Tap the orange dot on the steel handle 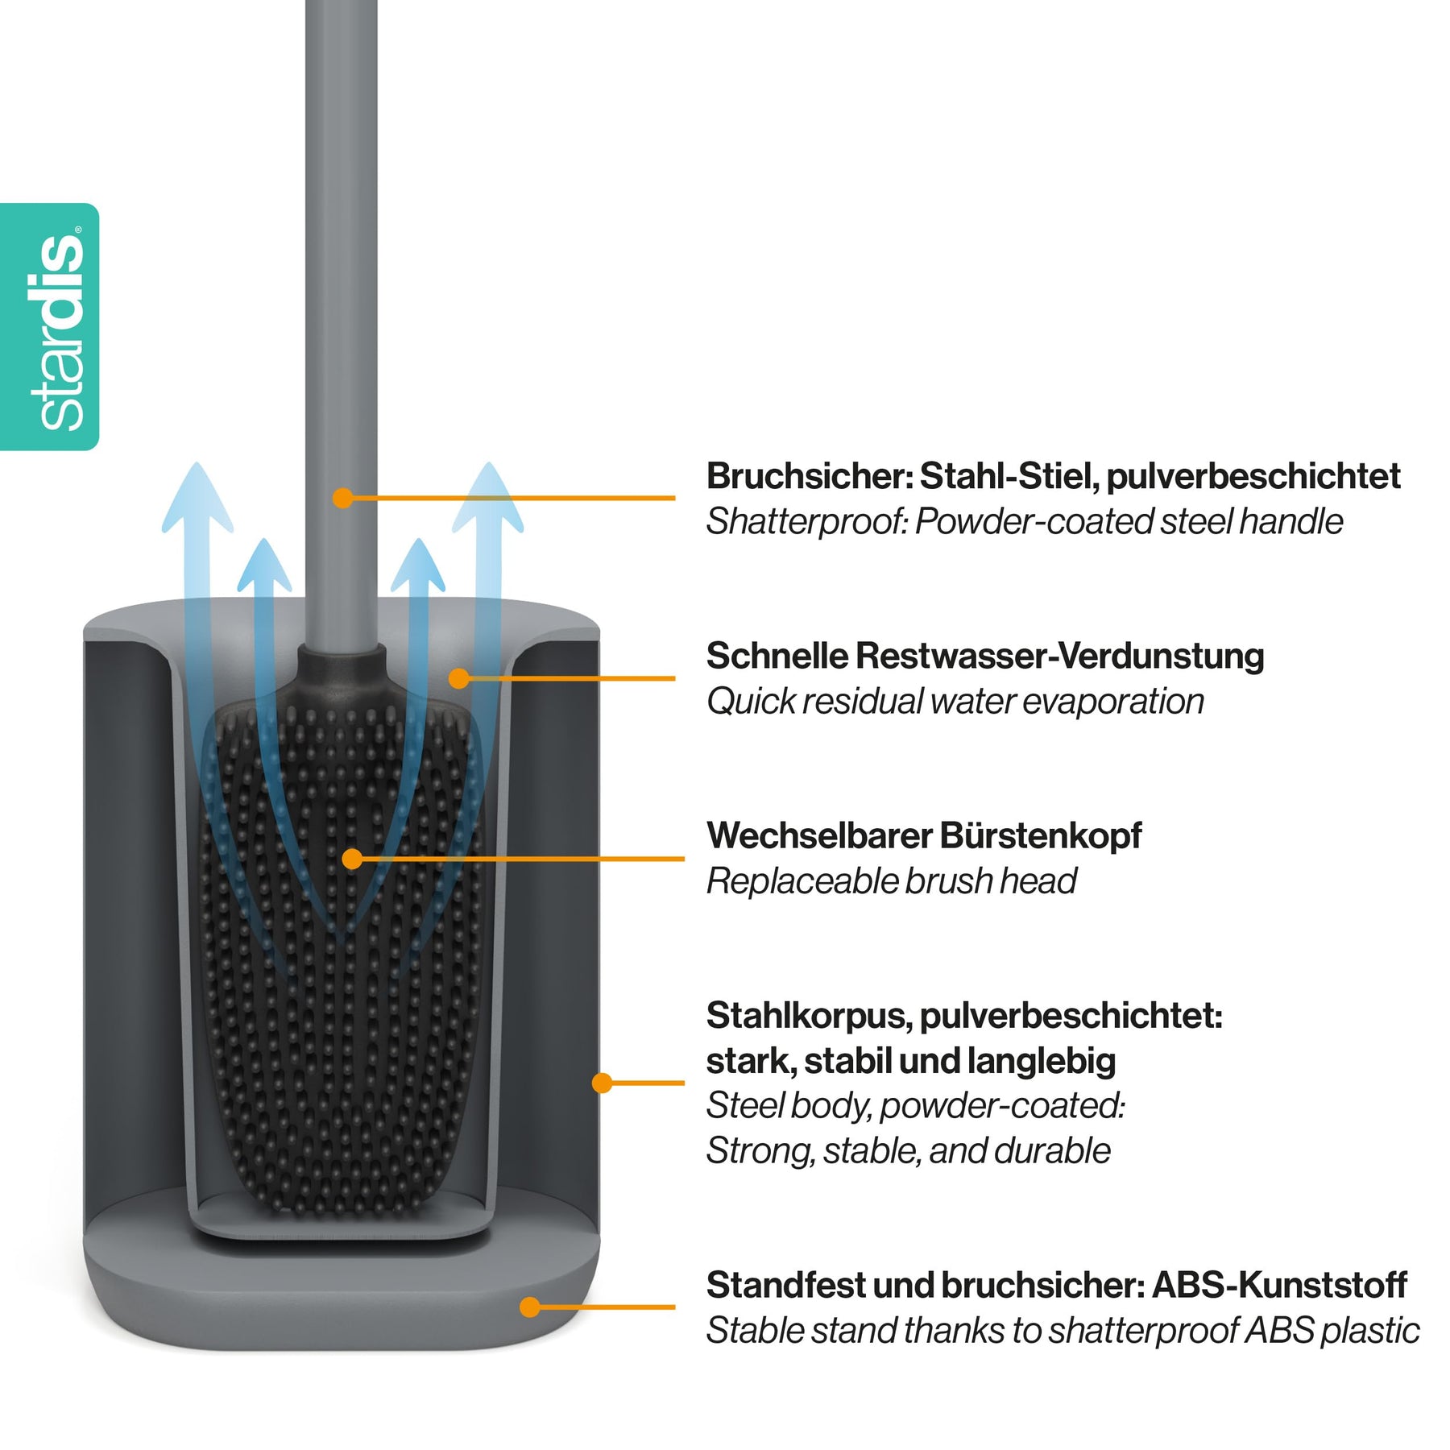tap(343, 498)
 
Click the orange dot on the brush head tap(352, 859)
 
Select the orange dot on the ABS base tap(529, 1307)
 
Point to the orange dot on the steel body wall tap(602, 1083)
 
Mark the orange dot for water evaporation tap(459, 678)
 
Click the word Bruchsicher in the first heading tap(809, 476)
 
